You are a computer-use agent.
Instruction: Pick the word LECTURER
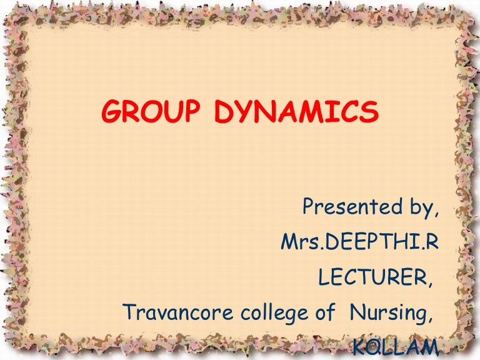(x=373, y=275)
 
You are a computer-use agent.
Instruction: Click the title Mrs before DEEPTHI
(x=297, y=241)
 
